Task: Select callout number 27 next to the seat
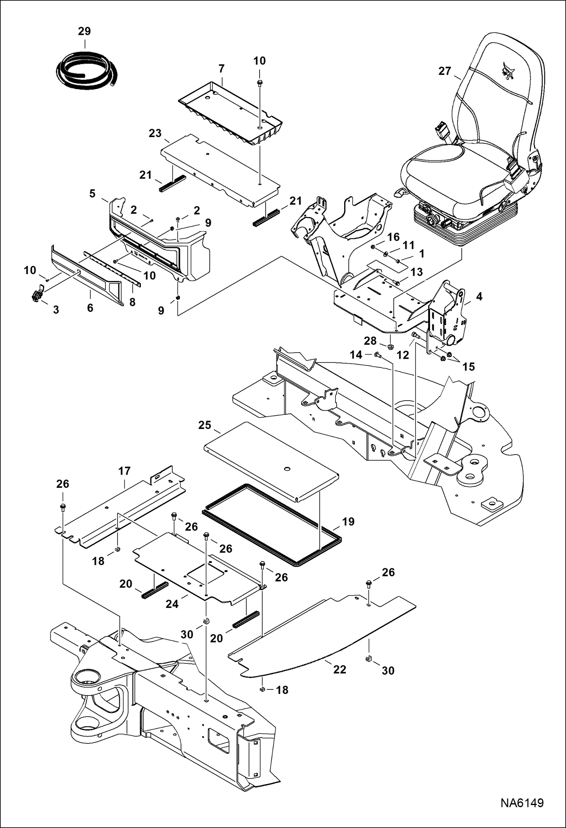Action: tap(445, 71)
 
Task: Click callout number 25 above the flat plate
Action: tap(204, 425)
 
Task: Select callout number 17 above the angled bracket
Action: tap(124, 471)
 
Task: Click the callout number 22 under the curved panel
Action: tap(339, 669)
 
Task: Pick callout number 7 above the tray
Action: tap(221, 68)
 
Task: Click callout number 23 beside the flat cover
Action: tap(155, 133)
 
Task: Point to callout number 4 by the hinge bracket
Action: tap(479, 296)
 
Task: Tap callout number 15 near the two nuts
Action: tap(468, 366)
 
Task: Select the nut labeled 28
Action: tap(391, 346)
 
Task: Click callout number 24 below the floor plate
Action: tap(172, 604)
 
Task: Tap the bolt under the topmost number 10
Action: tap(260, 83)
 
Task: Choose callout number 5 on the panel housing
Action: tap(92, 193)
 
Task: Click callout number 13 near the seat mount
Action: tap(416, 272)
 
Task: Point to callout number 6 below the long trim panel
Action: tap(90, 308)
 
